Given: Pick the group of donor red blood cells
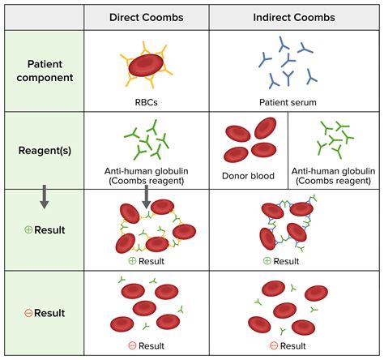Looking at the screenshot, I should point(252,138).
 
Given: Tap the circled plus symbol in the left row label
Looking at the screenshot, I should point(28,229).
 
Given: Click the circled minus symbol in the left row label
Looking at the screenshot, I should point(28,312).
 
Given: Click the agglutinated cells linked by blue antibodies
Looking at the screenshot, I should point(288,225).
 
